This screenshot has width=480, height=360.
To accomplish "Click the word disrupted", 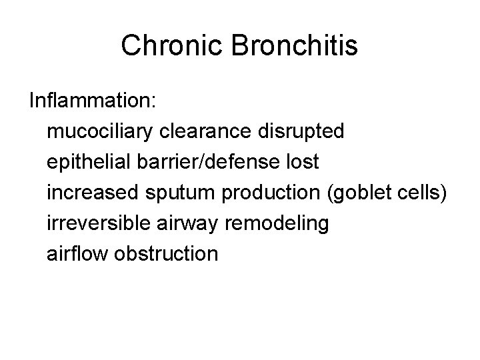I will [303, 131].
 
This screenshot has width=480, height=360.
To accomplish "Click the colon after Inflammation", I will [154, 102].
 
